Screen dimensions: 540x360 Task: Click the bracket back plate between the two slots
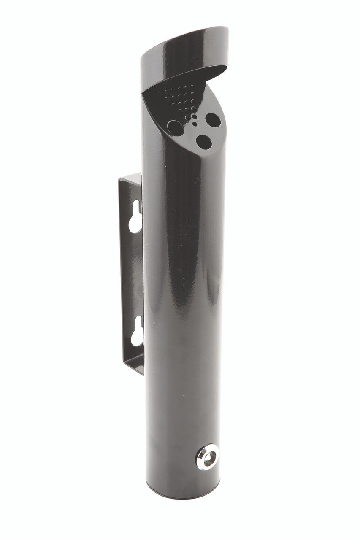click(132, 274)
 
